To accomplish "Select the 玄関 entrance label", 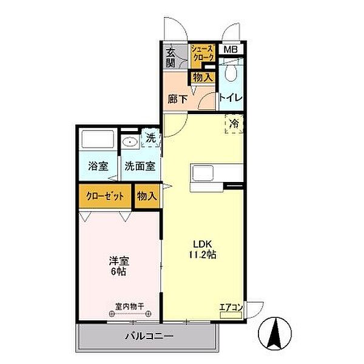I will click(172, 58).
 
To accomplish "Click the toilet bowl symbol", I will click(231, 73).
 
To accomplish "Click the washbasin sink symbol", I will click(130, 142).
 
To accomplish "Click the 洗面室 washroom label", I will click(140, 166).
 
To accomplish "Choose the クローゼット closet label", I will click(104, 197).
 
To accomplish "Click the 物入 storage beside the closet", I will click(147, 197).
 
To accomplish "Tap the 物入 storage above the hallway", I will click(202, 77).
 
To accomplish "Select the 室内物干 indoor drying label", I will click(129, 307).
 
